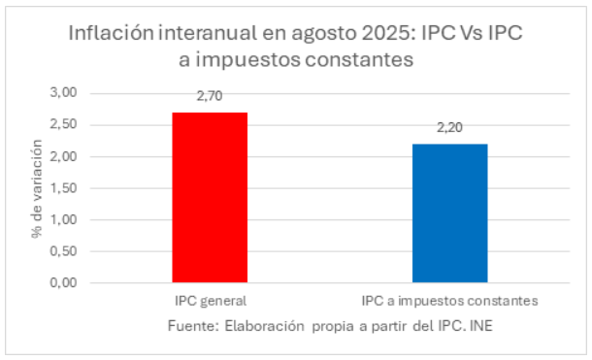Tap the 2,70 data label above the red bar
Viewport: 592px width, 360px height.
point(210,99)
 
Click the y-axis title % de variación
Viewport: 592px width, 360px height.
point(36,187)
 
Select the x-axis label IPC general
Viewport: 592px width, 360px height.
point(210,300)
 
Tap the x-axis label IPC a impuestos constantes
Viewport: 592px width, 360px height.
point(449,300)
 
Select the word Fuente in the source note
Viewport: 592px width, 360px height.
point(190,325)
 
